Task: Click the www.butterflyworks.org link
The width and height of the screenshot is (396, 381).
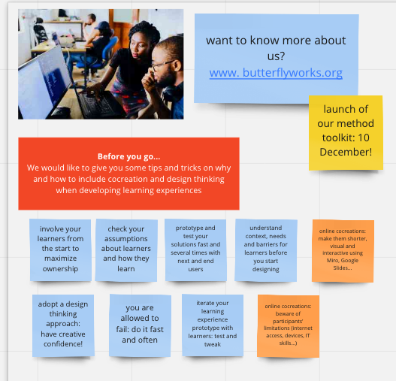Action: [276, 73]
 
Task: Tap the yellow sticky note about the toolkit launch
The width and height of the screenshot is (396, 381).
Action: [346, 133]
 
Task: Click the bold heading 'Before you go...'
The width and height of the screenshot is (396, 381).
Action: [128, 156]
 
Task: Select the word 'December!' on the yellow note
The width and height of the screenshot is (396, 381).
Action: [346, 152]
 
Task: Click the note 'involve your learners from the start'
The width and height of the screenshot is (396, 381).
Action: [60, 249]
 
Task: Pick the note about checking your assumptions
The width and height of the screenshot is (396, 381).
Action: [126, 249]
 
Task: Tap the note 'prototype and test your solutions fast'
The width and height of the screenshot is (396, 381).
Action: [195, 249]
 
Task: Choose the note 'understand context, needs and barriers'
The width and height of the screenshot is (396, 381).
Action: [266, 249]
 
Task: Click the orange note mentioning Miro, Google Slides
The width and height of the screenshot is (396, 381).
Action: [343, 251]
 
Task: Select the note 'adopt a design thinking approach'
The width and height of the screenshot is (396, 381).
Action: [63, 325]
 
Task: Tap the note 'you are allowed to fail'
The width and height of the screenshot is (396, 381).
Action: [140, 325]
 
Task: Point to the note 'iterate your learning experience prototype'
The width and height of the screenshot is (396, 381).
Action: [213, 325]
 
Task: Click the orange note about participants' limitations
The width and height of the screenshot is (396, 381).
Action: [288, 326]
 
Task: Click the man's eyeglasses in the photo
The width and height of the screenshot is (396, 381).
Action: [161, 65]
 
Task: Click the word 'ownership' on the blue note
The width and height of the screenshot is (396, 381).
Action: [60, 268]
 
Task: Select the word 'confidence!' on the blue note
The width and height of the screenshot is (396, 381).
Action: [63, 344]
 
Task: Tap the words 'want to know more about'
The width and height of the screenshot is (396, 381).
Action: [276, 41]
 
